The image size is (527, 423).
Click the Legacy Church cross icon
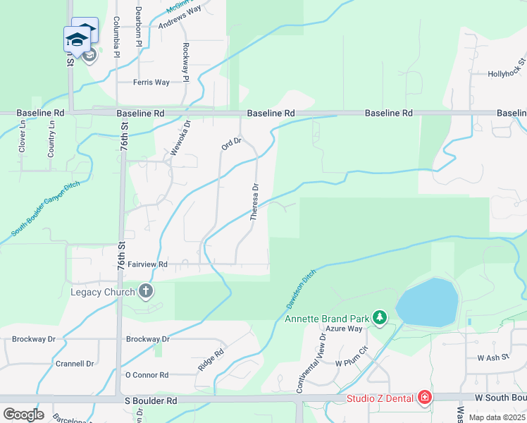pyautogui.click(x=146, y=290)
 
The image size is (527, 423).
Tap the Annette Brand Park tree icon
pyautogui.click(x=380, y=318)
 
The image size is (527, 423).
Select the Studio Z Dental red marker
pyautogui.click(x=424, y=398)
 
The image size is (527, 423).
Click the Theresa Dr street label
pyautogui.click(x=255, y=202)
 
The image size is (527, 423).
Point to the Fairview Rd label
pyautogui.click(x=147, y=264)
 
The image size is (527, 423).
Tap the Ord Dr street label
pyautogui.click(x=231, y=144)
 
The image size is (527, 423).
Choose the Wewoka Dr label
pyautogui.click(x=181, y=138)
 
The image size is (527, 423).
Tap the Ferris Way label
pyautogui.click(x=151, y=82)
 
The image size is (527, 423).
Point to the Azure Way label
pyautogui.click(x=344, y=329)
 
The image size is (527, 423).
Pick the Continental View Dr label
pyautogui.click(x=311, y=363)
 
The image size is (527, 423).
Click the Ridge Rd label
pyautogui.click(x=211, y=360)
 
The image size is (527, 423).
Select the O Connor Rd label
pyautogui.click(x=147, y=376)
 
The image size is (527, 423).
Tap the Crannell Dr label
pyautogui.click(x=75, y=364)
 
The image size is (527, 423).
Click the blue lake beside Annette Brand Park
pyautogui.click(x=426, y=302)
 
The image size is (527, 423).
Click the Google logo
pyautogui.click(x=23, y=414)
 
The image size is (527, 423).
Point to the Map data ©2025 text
pyautogui.click(x=497, y=417)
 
